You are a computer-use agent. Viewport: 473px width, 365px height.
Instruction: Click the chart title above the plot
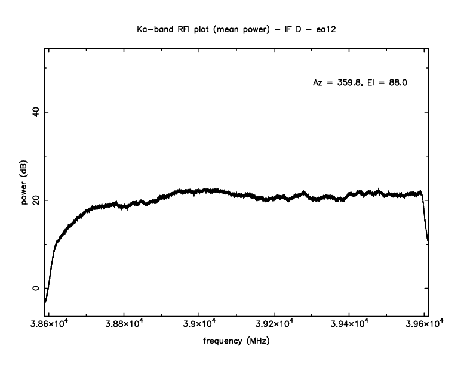pos(237,28)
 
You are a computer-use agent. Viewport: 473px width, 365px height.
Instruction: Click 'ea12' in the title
pos(328,28)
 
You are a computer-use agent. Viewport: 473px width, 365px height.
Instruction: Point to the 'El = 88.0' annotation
pos(386,83)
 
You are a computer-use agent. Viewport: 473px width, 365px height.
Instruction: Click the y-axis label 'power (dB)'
pos(25,183)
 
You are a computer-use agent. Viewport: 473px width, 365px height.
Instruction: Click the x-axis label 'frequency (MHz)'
pos(236,342)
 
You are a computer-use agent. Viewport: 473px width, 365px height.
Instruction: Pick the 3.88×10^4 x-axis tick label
pos(124,324)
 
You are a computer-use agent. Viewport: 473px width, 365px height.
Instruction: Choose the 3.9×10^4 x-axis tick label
pos(199,324)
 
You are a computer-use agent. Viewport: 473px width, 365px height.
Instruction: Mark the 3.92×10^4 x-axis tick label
pos(274,324)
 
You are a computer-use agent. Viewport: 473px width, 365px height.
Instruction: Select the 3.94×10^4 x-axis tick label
pos(349,324)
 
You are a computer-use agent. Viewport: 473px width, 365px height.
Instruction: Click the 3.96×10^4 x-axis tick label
pos(424,324)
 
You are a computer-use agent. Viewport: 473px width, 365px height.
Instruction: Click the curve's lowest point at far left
pos(45,302)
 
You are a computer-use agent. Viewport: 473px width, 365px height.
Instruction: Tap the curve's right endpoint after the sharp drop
pos(428,241)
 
